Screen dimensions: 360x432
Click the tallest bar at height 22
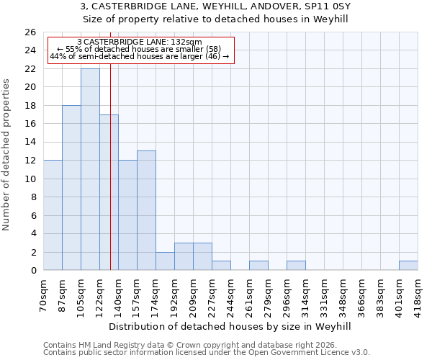coord(90,169)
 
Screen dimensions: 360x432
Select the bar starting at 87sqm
coord(71,187)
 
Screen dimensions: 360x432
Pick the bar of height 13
coord(146,210)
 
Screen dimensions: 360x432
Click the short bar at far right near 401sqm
coord(408,266)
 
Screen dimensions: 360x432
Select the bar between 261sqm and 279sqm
coord(258,266)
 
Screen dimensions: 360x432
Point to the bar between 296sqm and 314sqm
coord(296,266)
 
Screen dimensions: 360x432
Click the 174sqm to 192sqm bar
coord(165,261)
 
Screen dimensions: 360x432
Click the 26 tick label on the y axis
coord(30,32)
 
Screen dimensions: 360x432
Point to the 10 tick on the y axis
coord(30,179)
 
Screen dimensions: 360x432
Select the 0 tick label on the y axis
coord(32,270)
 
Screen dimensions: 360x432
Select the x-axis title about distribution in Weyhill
coord(230,326)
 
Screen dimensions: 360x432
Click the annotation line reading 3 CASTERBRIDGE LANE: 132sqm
coord(140,42)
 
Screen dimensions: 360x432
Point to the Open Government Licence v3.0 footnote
coord(207,353)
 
